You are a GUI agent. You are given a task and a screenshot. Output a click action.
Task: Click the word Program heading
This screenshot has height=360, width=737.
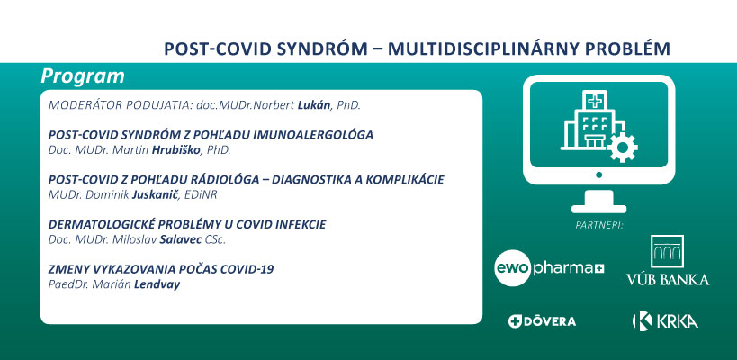click(x=83, y=76)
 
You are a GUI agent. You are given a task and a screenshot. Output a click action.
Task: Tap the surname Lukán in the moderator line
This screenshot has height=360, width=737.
click(x=314, y=105)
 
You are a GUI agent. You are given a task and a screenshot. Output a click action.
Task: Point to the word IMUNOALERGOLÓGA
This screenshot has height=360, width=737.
click(x=313, y=135)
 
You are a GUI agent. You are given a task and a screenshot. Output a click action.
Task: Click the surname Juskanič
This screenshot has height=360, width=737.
click(x=155, y=195)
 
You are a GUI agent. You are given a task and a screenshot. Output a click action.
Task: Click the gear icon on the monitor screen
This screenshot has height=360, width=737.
click(x=623, y=148)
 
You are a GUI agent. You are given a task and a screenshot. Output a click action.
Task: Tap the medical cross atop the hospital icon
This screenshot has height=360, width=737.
click(x=594, y=101)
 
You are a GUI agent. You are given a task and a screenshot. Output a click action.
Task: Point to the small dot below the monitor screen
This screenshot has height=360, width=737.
click(x=598, y=175)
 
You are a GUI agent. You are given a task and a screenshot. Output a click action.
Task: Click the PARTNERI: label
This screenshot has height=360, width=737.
click(x=599, y=225)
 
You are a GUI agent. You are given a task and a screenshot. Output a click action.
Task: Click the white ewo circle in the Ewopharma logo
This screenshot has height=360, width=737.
click(x=512, y=268)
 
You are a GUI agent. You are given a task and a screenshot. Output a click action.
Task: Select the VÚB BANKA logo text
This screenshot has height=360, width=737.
click(x=668, y=280)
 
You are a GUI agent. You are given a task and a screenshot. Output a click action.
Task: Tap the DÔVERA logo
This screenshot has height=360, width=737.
click(x=542, y=321)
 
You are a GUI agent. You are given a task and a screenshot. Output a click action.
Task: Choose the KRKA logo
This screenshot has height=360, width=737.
click(x=665, y=321)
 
